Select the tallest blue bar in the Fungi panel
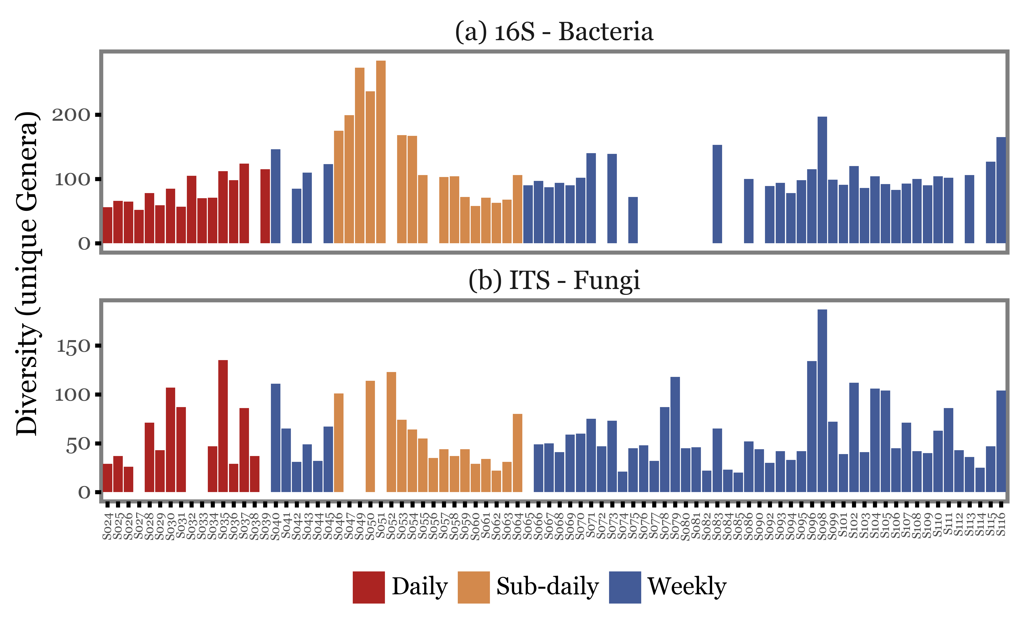822,401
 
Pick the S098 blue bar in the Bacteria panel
822,180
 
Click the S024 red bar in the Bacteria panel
107,225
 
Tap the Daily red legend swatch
368,587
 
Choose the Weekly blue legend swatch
625,587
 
